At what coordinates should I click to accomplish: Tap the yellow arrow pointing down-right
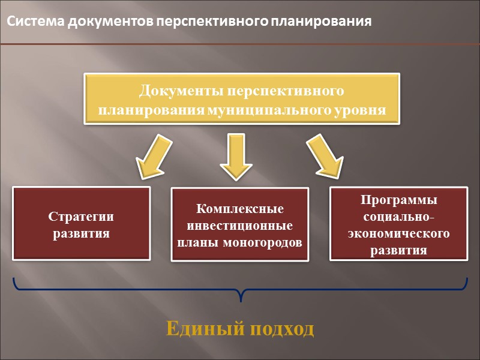(323, 157)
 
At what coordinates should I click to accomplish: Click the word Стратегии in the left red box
(81, 217)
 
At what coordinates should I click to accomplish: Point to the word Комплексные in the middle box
(240, 209)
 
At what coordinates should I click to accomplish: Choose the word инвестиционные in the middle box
(240, 226)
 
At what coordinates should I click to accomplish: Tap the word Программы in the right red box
(398, 200)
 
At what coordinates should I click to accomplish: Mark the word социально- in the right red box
(398, 217)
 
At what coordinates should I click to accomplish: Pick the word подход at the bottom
(281, 329)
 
